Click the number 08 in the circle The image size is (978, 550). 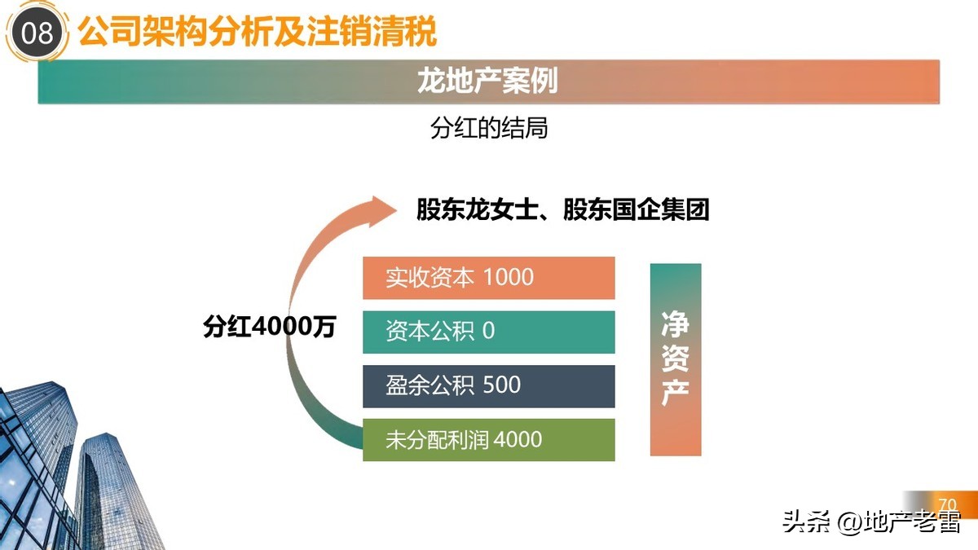(37, 34)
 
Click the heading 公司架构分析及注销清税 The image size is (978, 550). (258, 33)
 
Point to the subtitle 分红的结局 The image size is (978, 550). (488, 128)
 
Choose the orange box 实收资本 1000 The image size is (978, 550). (488, 277)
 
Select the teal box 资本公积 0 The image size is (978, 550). (488, 332)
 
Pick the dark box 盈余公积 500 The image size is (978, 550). (488, 385)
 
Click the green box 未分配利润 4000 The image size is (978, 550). (488, 440)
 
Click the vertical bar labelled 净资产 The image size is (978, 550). (675, 359)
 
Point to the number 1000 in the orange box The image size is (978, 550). (509, 277)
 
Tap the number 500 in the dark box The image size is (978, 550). (501, 385)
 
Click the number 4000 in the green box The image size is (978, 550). (518, 440)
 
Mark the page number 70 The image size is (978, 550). (947, 504)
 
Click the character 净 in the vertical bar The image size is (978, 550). (675, 323)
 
